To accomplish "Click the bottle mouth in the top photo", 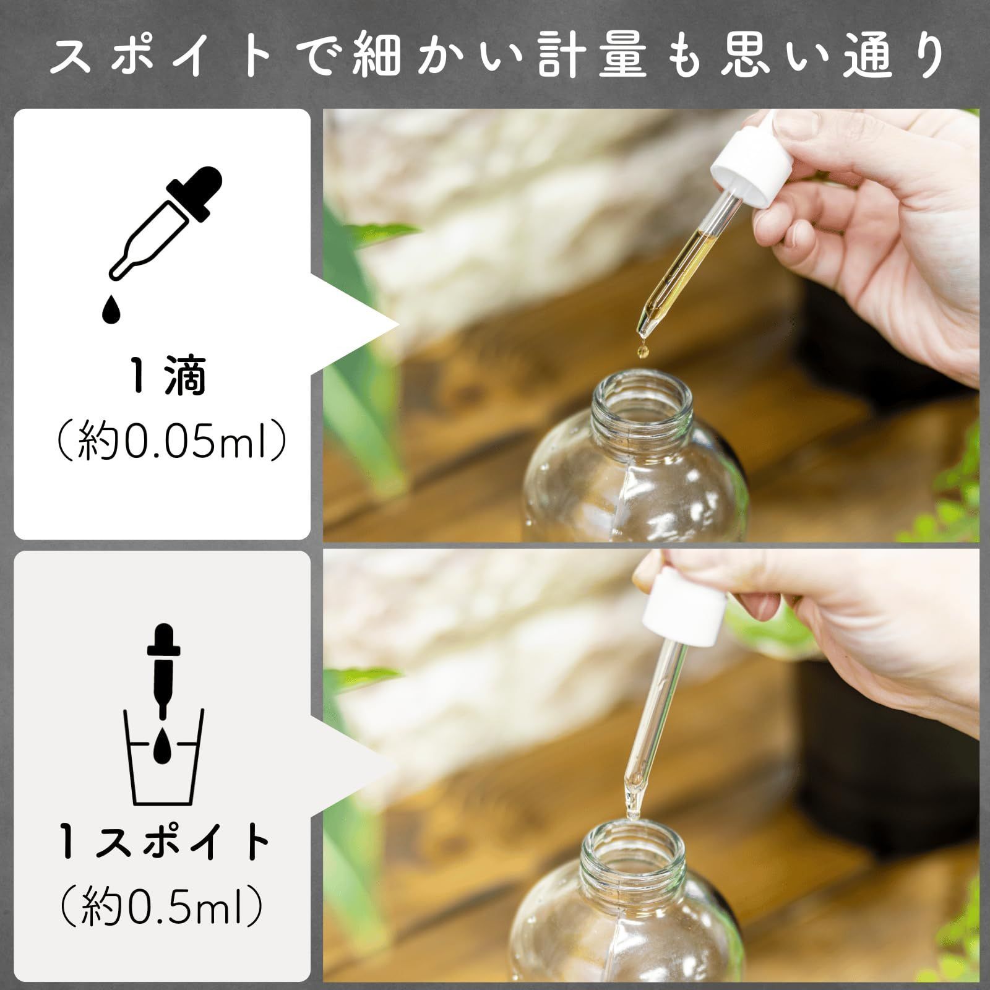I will [641, 396].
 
